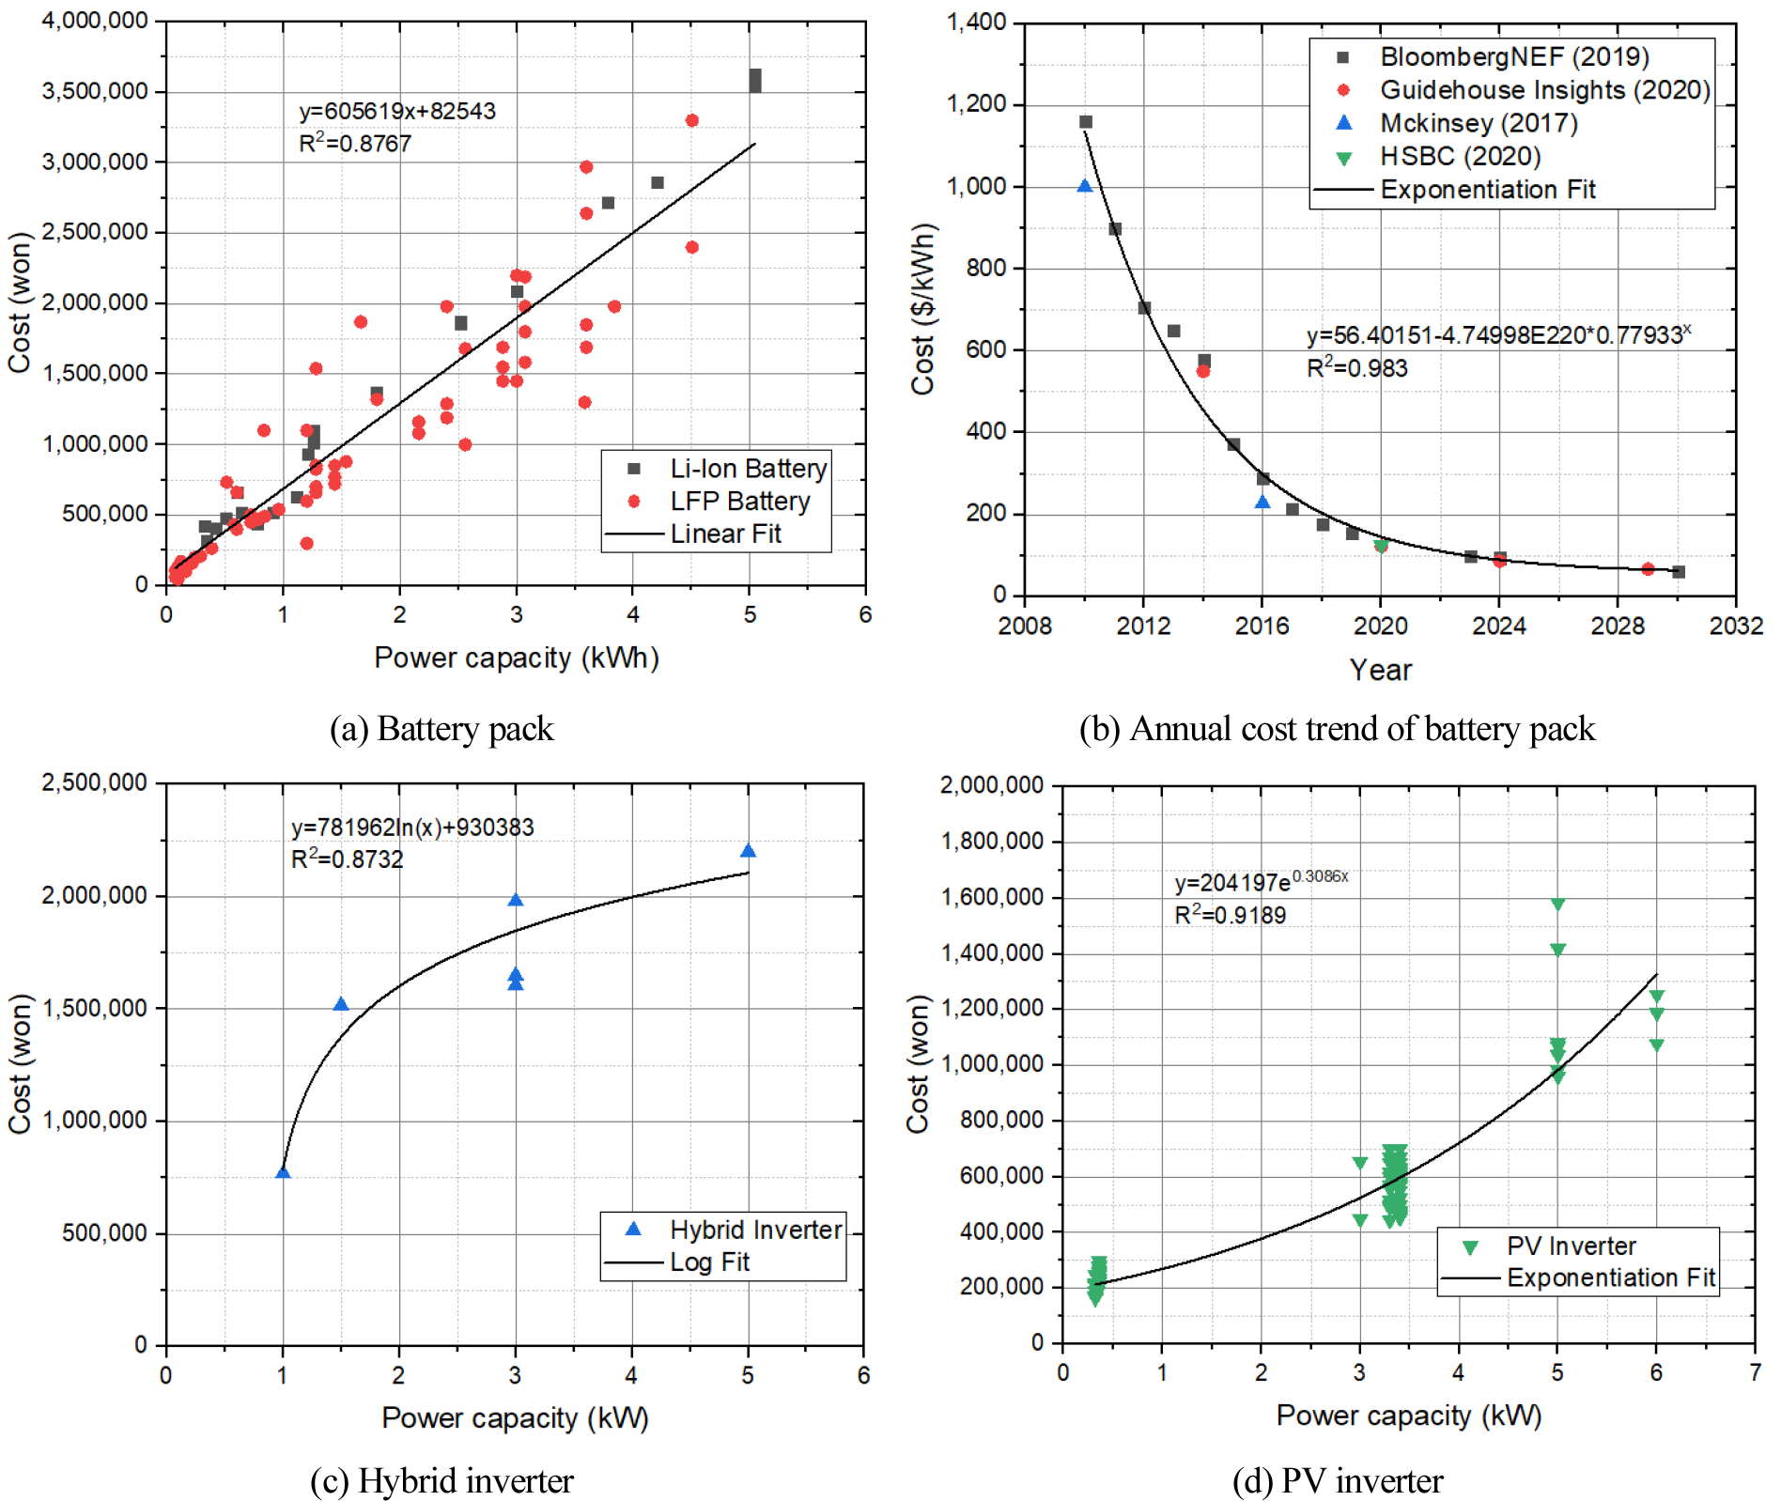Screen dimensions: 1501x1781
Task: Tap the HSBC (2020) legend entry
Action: [x=1460, y=156]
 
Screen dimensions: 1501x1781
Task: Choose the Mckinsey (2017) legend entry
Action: [x=1478, y=123]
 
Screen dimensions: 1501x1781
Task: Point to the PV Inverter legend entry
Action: [x=1571, y=1246]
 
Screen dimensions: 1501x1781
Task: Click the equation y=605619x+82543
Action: [x=397, y=111]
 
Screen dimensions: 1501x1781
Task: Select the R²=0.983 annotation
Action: [x=1356, y=367]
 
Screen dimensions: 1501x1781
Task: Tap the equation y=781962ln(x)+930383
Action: [x=412, y=828]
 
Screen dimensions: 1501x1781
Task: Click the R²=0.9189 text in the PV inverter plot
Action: [x=1230, y=915]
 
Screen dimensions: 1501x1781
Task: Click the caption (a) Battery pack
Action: [x=441, y=729]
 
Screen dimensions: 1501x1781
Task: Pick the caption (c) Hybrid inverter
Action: [x=441, y=1481]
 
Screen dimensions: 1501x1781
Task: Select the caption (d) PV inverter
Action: [x=1337, y=1481]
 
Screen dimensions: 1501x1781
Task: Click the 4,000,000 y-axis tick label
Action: [x=95, y=21]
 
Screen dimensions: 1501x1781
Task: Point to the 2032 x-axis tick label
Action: [x=1736, y=626]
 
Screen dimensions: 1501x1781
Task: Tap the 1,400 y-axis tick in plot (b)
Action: [x=976, y=22]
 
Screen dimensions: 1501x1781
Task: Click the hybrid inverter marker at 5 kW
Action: [x=749, y=851]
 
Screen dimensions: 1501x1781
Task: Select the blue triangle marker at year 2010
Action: [x=1085, y=186]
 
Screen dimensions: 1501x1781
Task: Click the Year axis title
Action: [x=1380, y=670]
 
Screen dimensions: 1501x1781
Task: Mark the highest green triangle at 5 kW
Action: [x=1557, y=905]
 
